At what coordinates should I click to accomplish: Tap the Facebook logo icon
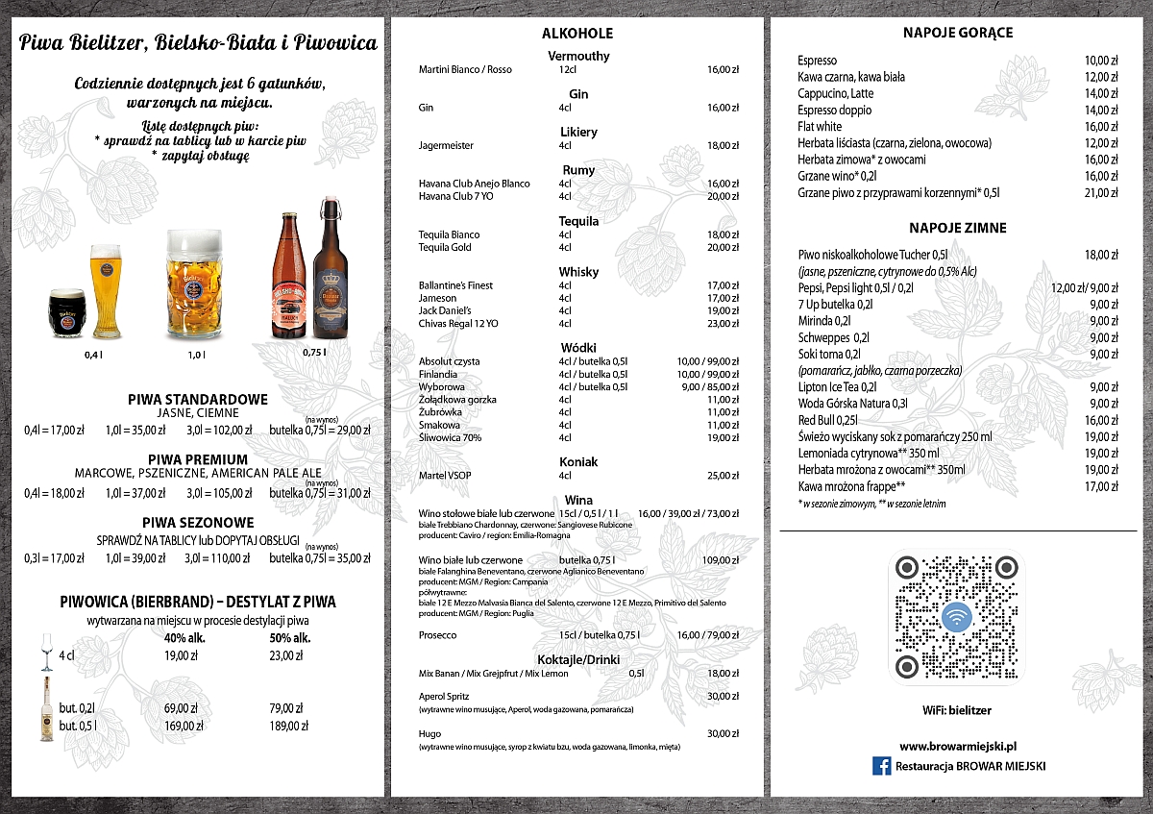click(x=880, y=766)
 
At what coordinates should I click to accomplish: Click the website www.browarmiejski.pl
click(x=958, y=745)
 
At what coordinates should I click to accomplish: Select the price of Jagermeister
click(x=723, y=145)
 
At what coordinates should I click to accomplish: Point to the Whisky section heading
click(x=577, y=272)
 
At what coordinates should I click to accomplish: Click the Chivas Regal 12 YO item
click(x=458, y=324)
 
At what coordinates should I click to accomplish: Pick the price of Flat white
click(x=1101, y=126)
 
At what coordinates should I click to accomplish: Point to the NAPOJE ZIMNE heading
click(x=958, y=228)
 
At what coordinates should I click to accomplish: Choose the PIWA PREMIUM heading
click(x=198, y=459)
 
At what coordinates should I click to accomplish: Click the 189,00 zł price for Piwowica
click(x=289, y=726)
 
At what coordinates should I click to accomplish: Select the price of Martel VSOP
click(x=723, y=476)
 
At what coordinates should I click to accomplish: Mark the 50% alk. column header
click(x=289, y=638)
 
